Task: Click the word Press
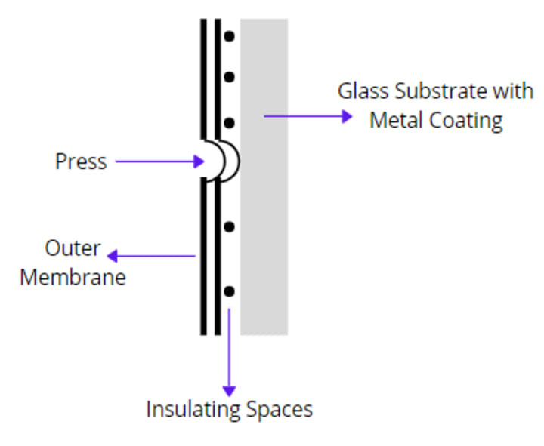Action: click(81, 161)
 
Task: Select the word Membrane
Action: click(73, 277)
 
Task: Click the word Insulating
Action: click(193, 410)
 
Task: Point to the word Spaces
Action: click(280, 410)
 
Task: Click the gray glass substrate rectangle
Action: click(264, 226)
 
